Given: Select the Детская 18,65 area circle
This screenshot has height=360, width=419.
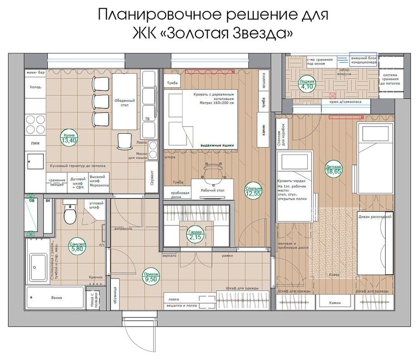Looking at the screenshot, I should coord(334,170).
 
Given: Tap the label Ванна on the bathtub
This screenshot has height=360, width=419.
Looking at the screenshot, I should coord(57,298).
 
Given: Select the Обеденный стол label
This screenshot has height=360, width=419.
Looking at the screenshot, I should coord(124,102).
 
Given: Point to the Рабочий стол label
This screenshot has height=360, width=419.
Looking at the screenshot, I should coord(212,191).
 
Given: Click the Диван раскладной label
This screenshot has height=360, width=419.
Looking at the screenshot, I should coord(375,216).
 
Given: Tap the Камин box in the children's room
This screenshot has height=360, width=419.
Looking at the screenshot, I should coord(336,303).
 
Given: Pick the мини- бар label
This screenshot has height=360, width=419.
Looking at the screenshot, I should coord(36,72).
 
